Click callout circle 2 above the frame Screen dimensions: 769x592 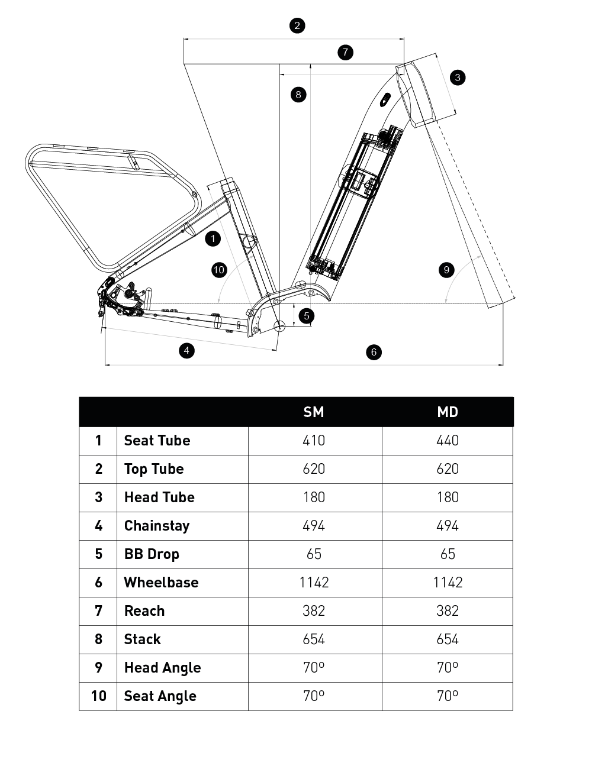297,25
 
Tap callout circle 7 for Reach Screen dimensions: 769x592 345,52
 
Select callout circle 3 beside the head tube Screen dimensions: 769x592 457,77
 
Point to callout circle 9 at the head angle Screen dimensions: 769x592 446,270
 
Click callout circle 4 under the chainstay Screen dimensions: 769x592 186,350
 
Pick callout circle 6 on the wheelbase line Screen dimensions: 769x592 374,352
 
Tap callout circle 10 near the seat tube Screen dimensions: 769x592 219,270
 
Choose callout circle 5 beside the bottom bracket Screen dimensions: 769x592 306,316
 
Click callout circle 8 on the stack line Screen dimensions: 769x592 298,94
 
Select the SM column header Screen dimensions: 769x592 314,412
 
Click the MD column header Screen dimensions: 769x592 448,412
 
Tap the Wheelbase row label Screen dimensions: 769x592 161,583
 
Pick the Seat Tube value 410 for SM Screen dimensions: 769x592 314,441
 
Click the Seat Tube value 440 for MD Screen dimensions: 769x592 448,441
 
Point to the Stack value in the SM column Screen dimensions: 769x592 314,639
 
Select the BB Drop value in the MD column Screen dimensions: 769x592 448,554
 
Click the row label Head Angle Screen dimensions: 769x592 162,668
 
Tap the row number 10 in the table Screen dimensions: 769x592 98,696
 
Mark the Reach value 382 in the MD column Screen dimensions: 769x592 448,611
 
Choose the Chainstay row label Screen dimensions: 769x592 157,526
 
